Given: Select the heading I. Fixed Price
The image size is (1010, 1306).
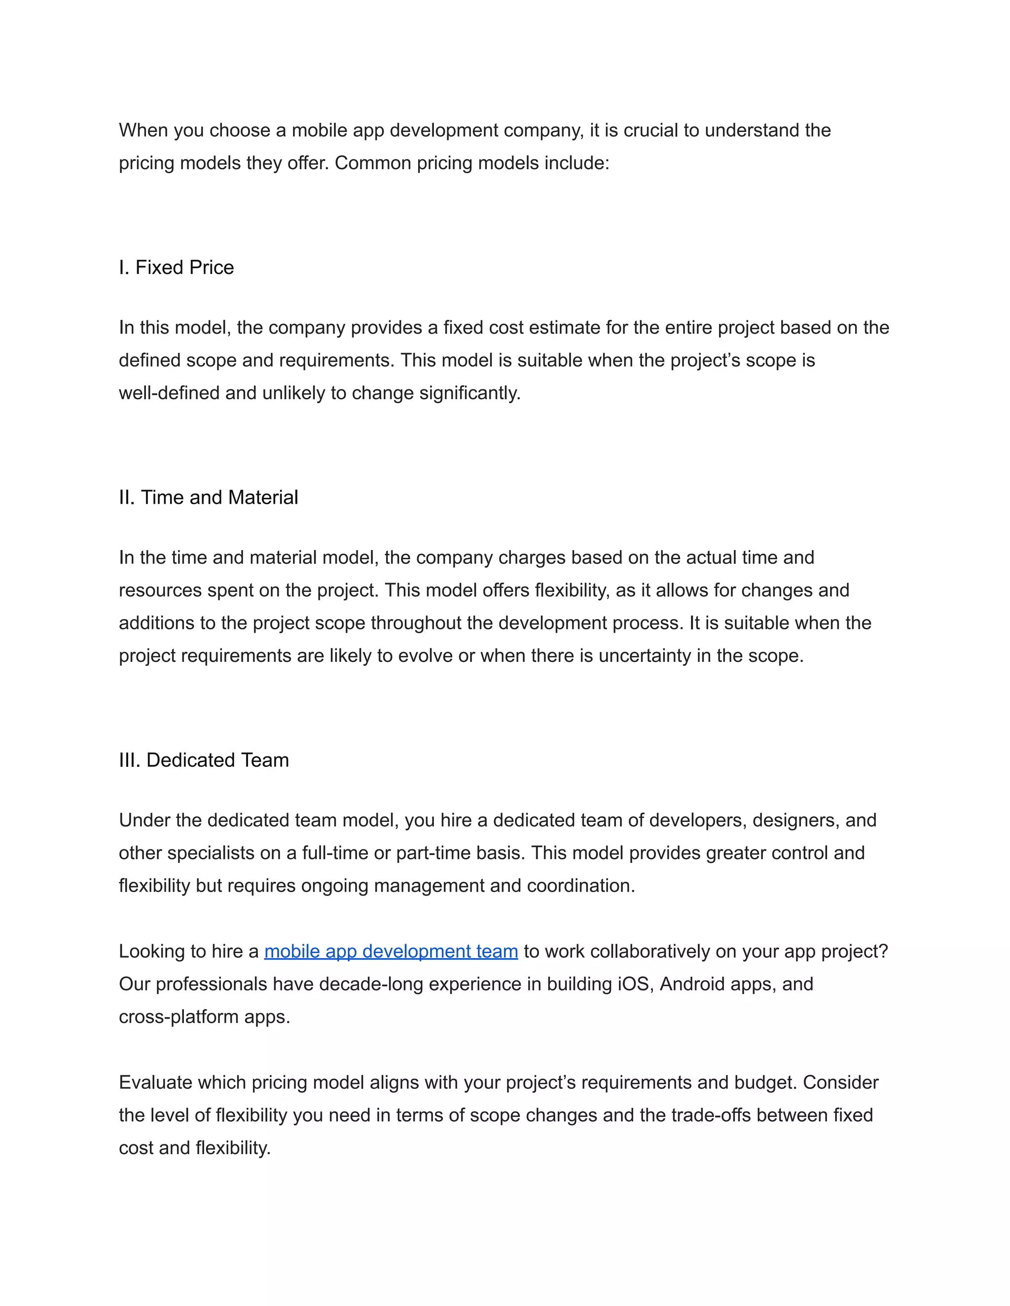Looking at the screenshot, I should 176,267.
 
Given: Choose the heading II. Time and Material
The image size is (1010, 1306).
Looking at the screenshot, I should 208,498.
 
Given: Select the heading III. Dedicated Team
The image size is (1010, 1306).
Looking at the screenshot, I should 204,760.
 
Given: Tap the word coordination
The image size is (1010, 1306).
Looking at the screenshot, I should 580,886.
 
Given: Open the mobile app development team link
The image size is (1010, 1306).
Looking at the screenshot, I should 391,951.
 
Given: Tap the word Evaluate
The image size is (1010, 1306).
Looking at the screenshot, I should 155,1083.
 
